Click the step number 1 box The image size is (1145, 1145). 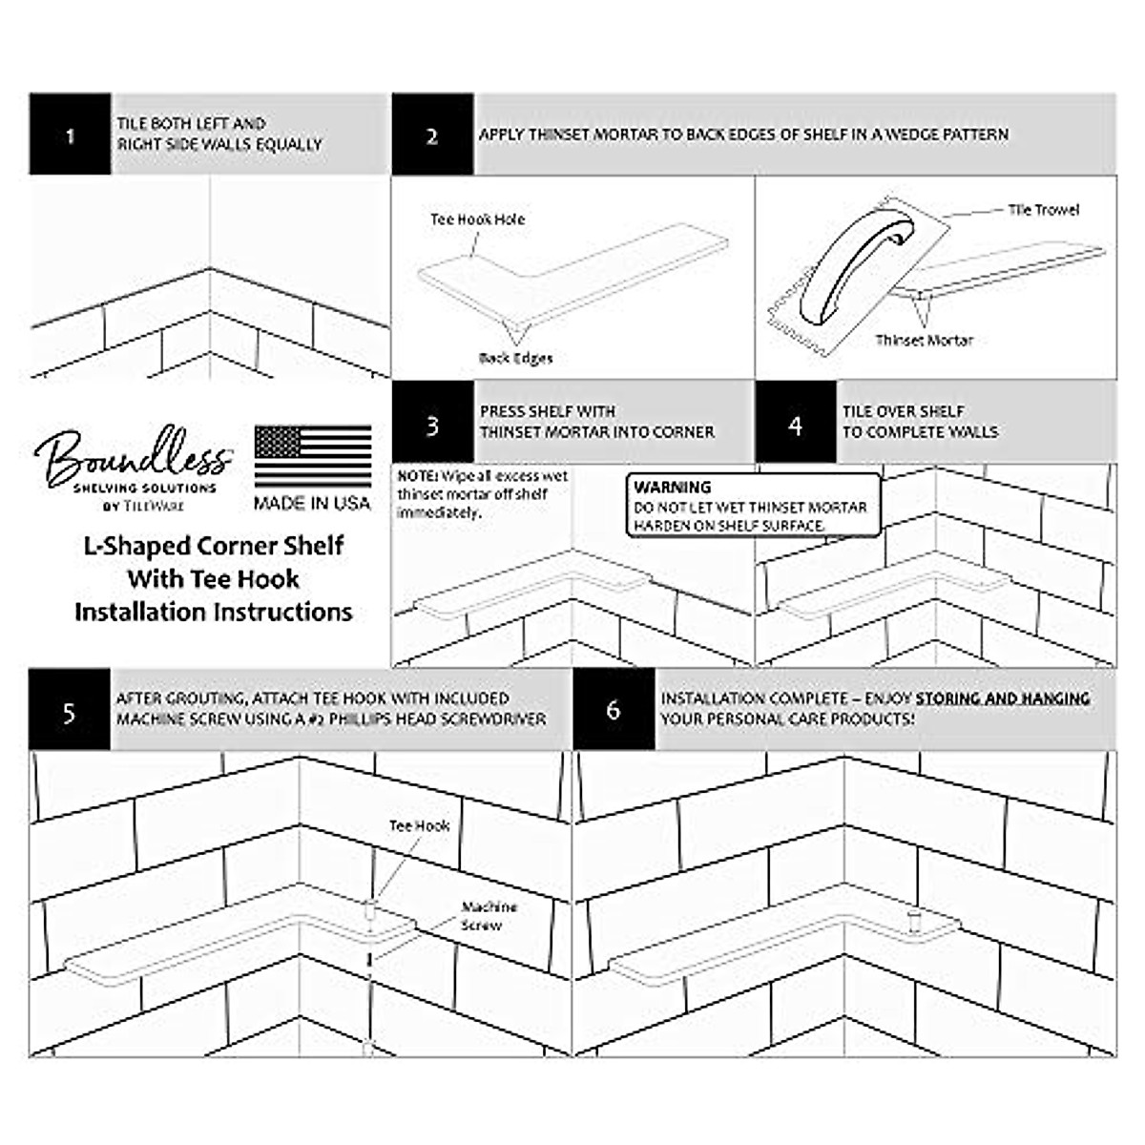[x=70, y=135]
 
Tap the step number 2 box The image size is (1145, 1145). [x=432, y=135]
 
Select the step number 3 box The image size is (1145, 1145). [x=432, y=424]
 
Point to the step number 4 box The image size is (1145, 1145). [x=796, y=424]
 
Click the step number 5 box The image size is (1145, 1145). [x=70, y=710]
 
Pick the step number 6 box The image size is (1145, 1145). [x=614, y=710]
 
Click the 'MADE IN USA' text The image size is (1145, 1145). [x=312, y=503]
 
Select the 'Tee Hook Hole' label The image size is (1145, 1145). [x=477, y=219]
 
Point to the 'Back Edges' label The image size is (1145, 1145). [x=515, y=359]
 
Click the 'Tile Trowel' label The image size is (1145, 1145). [x=1044, y=210]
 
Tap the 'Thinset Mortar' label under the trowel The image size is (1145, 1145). [x=924, y=341]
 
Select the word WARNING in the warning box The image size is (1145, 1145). [x=673, y=488]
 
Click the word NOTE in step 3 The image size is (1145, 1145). [x=417, y=476]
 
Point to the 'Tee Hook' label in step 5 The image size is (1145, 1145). [x=419, y=826]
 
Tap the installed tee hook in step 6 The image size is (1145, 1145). [x=913, y=921]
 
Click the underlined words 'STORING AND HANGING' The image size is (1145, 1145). [x=1003, y=699]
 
